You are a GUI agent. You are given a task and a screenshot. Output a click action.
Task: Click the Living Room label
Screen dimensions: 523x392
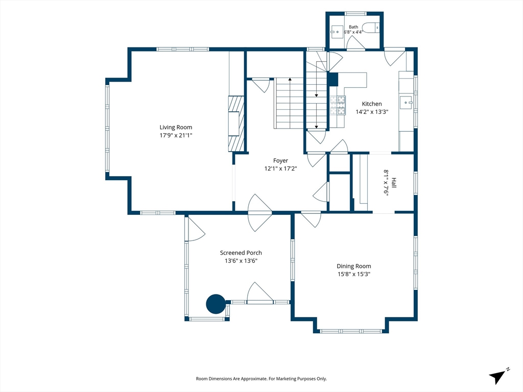[176, 127]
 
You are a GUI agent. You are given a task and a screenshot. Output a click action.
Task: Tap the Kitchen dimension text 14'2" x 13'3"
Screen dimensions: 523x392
[372, 112]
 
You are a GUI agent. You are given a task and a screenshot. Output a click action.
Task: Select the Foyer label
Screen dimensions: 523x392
[280, 161]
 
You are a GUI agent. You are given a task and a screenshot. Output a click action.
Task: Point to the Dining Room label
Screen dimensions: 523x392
[353, 266]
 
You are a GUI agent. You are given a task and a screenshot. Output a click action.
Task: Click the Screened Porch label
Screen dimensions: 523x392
[241, 253]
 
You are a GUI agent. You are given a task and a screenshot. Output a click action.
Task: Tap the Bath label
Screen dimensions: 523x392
[353, 27]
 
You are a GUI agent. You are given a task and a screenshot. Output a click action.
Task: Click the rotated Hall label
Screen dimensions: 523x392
[394, 183]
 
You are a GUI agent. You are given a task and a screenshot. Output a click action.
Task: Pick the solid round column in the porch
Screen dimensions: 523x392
[216, 304]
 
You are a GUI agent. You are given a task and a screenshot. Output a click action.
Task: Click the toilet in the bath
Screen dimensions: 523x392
[371, 28]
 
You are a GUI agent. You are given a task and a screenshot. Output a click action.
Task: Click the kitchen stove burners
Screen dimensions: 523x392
[338, 105]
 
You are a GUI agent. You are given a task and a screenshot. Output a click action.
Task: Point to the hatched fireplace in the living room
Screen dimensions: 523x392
[236, 124]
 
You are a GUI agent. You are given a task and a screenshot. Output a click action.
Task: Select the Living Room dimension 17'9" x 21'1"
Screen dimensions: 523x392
[176, 135]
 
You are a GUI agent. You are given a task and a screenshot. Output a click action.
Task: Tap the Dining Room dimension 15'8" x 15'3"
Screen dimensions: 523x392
[353, 274]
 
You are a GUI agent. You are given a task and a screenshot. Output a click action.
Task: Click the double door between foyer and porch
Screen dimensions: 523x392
[260, 213]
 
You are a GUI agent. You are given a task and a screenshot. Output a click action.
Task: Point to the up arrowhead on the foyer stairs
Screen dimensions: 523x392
[290, 79]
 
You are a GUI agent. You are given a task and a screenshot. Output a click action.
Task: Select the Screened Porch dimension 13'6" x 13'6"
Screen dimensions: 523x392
[241, 261]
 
